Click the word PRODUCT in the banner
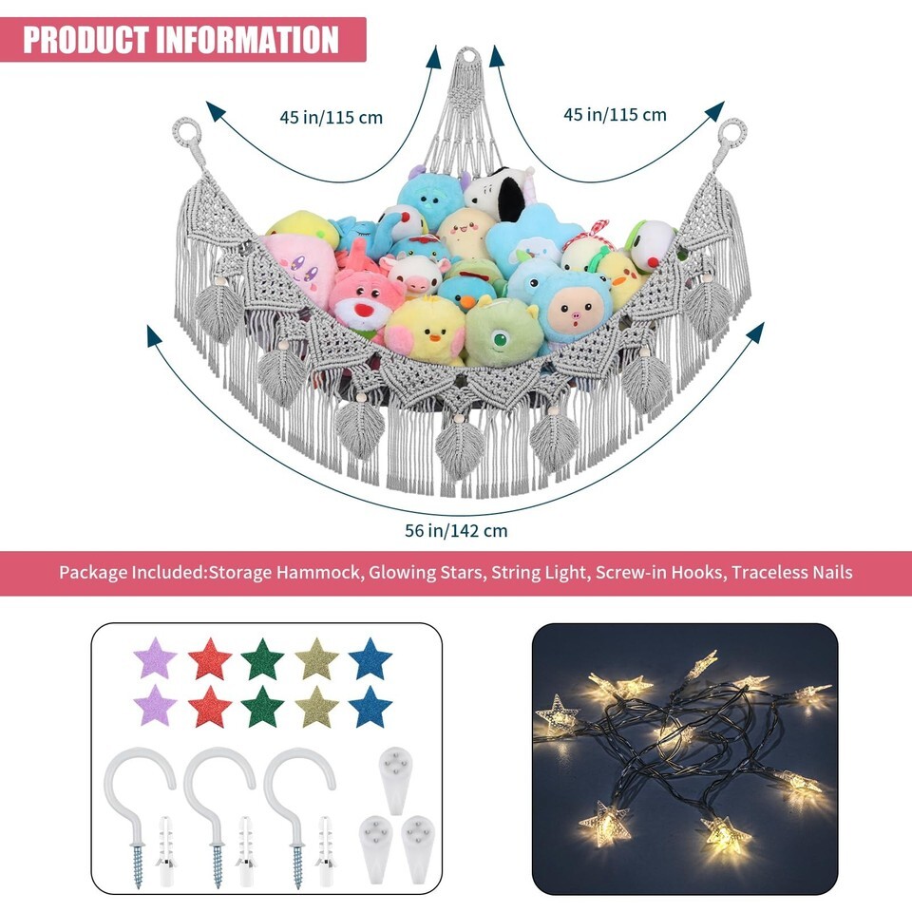[x=85, y=40]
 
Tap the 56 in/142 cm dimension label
[x=456, y=530]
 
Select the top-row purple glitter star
[x=155, y=657]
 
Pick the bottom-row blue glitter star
[x=370, y=707]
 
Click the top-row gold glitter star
[x=316, y=658]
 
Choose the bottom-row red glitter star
[x=209, y=707]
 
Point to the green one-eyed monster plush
[x=502, y=332]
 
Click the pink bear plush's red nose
[x=365, y=310]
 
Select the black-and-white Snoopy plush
[x=501, y=195]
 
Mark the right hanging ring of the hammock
[x=731, y=131]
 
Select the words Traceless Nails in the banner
[x=792, y=572]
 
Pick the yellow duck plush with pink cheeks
[x=425, y=332]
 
